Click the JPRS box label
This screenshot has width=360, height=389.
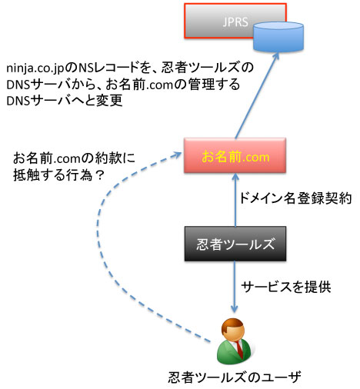235,22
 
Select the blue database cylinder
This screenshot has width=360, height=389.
278,37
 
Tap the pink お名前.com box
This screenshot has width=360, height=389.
235,155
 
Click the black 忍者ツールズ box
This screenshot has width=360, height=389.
235,244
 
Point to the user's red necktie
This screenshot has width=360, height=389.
239,349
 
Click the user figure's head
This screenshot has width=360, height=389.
233,330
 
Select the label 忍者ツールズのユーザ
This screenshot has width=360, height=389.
235,377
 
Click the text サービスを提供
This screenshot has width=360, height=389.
286,287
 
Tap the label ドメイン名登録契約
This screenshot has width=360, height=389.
295,198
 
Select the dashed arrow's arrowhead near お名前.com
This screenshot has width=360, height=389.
178,155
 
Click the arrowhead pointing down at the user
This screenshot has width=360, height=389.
235,308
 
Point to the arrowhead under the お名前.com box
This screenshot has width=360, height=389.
235,177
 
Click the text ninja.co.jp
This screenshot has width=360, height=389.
35,68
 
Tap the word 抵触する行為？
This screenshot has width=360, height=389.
58,175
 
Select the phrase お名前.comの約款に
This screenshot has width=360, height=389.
74,158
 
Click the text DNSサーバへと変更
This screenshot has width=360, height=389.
65,101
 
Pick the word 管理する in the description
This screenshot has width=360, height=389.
214,85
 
